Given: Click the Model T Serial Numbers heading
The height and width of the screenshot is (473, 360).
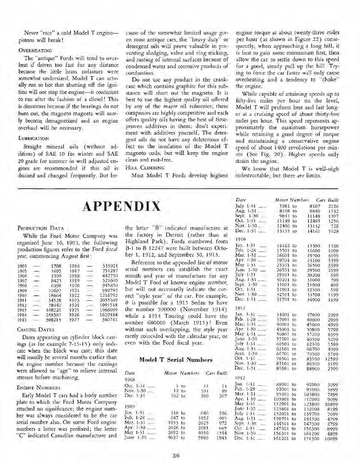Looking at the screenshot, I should (x=176, y=360).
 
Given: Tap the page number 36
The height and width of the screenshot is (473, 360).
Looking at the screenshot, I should (x=176, y=455).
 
